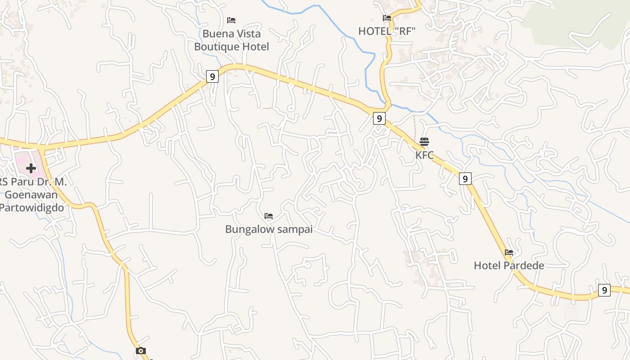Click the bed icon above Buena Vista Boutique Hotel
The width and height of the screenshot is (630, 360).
point(231,20)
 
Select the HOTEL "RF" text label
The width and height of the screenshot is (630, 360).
point(387,31)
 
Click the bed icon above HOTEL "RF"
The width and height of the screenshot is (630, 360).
point(387,18)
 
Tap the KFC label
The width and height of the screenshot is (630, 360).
point(424,155)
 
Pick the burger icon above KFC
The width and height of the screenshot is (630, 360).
point(424,142)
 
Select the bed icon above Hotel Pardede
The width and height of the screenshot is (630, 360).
point(509,252)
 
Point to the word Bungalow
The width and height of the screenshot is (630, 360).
point(249,229)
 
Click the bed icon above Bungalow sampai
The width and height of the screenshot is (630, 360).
point(269,216)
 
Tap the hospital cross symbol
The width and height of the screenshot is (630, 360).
point(31,168)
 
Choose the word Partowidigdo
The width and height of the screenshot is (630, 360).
point(31,207)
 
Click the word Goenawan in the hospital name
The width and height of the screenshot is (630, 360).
point(31,195)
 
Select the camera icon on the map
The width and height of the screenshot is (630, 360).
point(141,351)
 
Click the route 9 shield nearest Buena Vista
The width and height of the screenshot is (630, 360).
point(212,76)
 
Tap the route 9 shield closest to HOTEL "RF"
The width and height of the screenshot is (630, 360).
point(379,118)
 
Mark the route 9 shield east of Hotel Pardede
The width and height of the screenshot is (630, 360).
point(604,290)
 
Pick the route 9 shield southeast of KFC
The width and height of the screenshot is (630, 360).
point(465,179)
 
